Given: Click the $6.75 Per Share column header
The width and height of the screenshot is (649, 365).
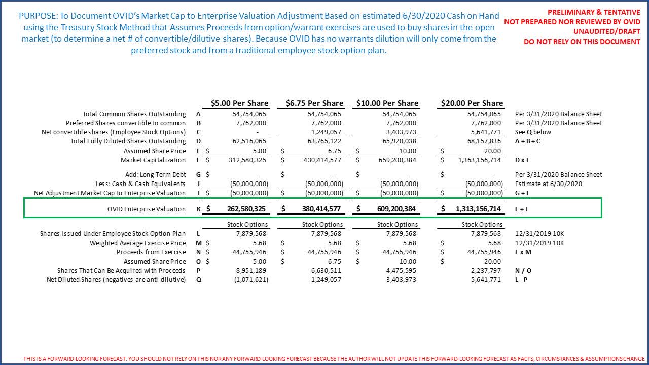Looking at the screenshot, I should (x=314, y=103).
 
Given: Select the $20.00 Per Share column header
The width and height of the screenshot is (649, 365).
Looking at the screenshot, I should (x=472, y=103).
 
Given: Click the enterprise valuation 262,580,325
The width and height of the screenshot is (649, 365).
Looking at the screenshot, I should (x=245, y=209).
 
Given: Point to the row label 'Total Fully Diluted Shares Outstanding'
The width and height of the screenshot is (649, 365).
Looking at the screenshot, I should (x=128, y=141).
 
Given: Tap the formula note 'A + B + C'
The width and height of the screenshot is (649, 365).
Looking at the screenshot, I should (x=527, y=141).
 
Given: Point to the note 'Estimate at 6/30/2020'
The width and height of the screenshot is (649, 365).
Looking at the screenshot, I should (x=548, y=184).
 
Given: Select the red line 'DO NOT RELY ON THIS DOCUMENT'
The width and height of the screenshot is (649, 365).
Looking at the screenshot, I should (x=582, y=42).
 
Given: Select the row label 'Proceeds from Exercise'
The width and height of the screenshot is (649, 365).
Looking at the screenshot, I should (x=151, y=252).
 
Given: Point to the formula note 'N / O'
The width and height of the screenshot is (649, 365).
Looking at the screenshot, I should (x=523, y=271).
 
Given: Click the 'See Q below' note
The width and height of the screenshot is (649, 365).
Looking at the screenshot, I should (x=533, y=132).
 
